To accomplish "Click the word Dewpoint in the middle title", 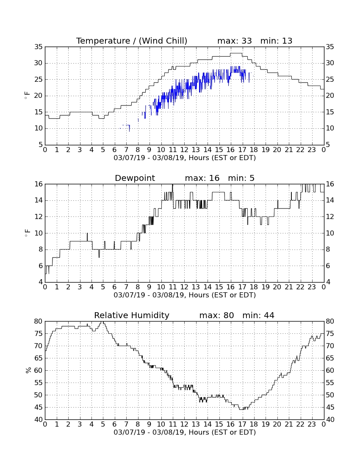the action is pyautogui.click(x=135, y=178).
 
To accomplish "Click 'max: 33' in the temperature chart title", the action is pyautogui.click(x=235, y=41).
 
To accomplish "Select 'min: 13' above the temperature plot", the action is pyautogui.click(x=276, y=41).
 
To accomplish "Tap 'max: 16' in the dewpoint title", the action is pyautogui.click(x=202, y=178).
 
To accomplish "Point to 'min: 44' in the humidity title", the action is pyautogui.click(x=258, y=315).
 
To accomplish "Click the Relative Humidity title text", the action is pyautogui.click(x=132, y=315).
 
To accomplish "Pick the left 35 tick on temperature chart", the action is pyautogui.click(x=39, y=47).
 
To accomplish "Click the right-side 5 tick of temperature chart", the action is pyautogui.click(x=328, y=145).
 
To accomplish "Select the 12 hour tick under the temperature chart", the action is pyautogui.click(x=184, y=150).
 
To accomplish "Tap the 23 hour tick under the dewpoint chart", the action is pyautogui.click(x=312, y=287).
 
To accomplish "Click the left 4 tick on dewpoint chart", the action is pyautogui.click(x=41, y=282).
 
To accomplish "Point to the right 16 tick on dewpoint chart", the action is pyautogui.click(x=330, y=184).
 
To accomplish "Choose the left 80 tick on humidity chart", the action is pyautogui.click(x=39, y=321).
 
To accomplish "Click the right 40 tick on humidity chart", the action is pyautogui.click(x=330, y=420).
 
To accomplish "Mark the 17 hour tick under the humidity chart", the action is pyautogui.click(x=242, y=424).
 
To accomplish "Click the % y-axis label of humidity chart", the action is pyautogui.click(x=28, y=370).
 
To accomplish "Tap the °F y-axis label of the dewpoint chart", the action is pyautogui.click(x=28, y=233).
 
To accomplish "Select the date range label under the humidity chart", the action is pyautogui.click(x=185, y=432).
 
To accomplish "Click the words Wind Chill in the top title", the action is pyautogui.click(x=163, y=41).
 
